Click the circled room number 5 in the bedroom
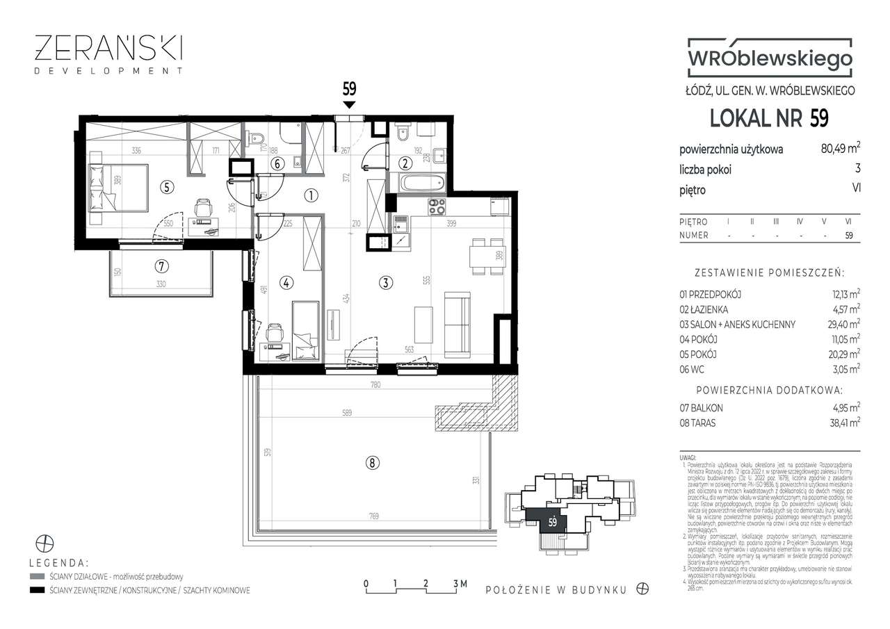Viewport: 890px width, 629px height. (x=165, y=186)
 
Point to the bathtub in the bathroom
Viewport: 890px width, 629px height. (x=423, y=183)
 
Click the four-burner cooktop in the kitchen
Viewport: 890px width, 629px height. (x=435, y=206)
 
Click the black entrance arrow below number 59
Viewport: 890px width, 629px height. (x=349, y=105)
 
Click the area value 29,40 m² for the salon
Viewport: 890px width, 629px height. (x=841, y=324)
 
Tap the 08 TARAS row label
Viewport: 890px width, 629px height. (x=699, y=421)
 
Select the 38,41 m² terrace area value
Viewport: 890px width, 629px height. (x=841, y=421)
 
